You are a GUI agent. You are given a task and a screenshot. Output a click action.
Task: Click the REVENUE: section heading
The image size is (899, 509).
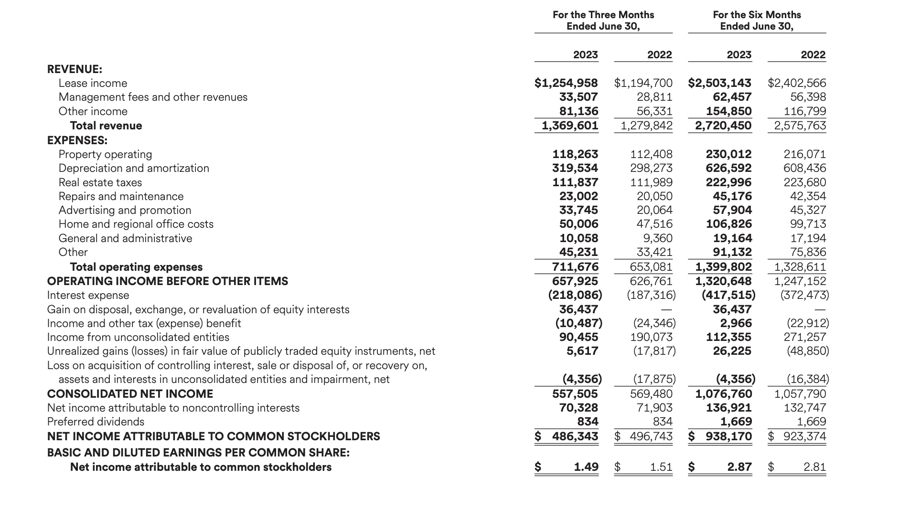pos(75,69)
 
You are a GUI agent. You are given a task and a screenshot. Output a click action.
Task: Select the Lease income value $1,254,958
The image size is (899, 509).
pos(566,83)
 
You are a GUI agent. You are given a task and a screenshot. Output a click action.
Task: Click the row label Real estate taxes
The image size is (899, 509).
pos(100,182)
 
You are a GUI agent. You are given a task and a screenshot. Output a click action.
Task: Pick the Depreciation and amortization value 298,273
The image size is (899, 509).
pos(651,168)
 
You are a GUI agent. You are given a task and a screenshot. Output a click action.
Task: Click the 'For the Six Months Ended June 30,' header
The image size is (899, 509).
pos(757,21)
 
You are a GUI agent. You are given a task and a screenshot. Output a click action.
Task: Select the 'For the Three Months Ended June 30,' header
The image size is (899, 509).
pos(603,21)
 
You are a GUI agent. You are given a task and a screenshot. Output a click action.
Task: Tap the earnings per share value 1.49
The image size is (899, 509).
pos(586,467)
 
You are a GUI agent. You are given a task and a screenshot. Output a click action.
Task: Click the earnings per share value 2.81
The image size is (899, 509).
pos(814,467)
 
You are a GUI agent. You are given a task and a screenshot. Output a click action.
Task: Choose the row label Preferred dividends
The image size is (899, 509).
pos(96,422)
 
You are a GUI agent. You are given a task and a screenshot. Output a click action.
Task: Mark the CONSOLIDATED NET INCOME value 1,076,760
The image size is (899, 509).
pos(723,394)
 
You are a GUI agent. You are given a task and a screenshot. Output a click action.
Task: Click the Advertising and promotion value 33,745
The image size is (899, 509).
pos(578,210)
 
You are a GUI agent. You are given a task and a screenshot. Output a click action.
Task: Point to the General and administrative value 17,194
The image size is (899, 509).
pos(808,238)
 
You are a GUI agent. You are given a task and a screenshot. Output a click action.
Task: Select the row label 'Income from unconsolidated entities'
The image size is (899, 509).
pos(138,337)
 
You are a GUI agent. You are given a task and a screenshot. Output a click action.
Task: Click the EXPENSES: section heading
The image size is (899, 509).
pos(77,140)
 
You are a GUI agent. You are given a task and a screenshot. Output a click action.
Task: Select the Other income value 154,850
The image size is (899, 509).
pos(728,111)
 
